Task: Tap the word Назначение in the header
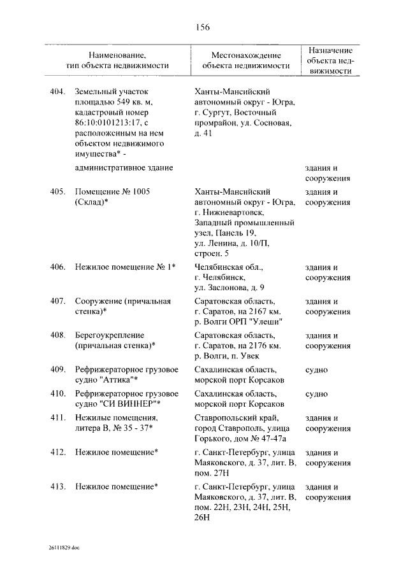tap(330, 50)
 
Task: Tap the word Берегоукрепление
tap(109, 335)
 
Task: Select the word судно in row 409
tap(316, 369)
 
